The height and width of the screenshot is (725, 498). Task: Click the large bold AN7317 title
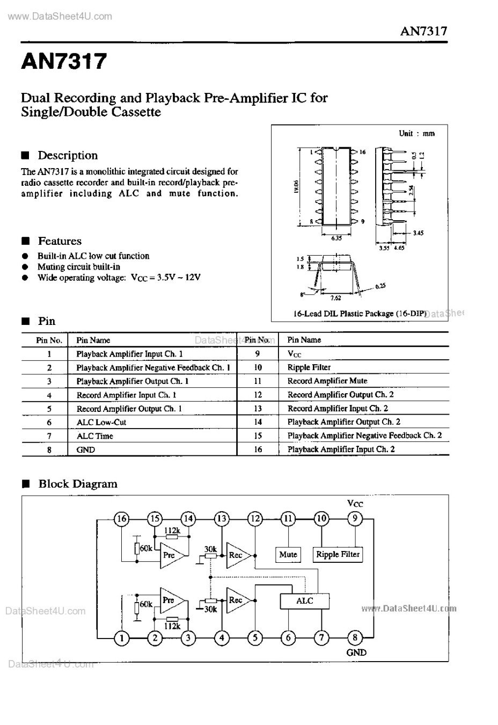64,61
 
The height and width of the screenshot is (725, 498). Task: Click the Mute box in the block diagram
288,554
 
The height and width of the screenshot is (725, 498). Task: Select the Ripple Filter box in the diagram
338,554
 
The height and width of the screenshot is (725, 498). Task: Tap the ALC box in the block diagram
304,601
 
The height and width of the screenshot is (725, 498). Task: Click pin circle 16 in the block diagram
122,518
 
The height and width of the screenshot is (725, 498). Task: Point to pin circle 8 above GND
355,637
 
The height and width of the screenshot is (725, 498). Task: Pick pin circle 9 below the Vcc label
355,518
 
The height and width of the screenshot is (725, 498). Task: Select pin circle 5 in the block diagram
255,637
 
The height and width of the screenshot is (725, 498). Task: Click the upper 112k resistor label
172,531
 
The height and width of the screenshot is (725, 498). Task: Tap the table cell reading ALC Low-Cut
101,422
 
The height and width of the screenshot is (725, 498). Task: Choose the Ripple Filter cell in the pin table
309,367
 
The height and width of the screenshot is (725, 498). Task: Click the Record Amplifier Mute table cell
327,381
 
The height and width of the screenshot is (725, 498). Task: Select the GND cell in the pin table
86,450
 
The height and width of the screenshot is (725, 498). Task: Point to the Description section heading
68,156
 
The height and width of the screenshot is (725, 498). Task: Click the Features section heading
60,241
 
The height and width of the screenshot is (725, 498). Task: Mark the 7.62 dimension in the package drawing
336,298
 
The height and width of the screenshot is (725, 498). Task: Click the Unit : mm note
416,133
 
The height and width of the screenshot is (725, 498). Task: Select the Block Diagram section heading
78,484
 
